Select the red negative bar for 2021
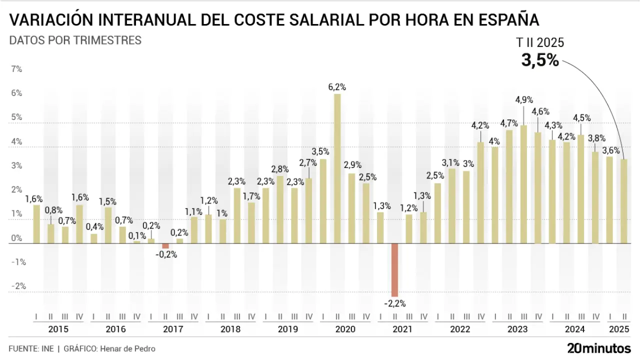click(x=394, y=270)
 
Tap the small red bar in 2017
click(x=165, y=246)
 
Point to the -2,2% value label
click(x=394, y=303)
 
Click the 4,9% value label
click(x=524, y=100)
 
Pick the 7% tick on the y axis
click(x=16, y=69)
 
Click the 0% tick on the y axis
click(x=16, y=238)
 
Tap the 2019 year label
click(x=287, y=329)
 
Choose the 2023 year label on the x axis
click(x=517, y=329)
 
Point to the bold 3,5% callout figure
click(x=540, y=60)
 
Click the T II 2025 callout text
click(x=540, y=43)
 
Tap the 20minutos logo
click(x=599, y=348)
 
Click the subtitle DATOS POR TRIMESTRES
click(x=75, y=40)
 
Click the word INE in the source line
click(x=46, y=348)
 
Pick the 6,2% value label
click(x=337, y=87)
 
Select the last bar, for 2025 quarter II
click(x=624, y=201)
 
